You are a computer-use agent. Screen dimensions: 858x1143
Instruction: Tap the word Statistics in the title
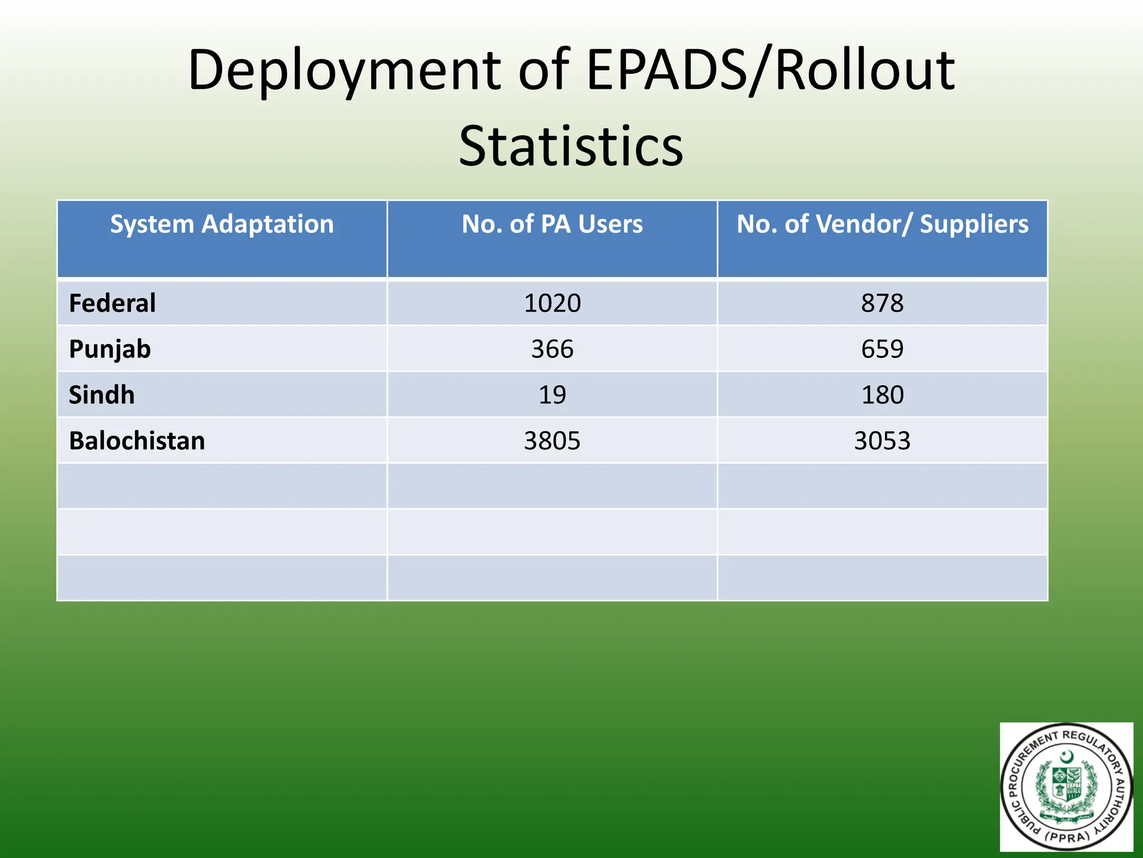click(x=571, y=146)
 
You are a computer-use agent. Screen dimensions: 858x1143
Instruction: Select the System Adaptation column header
click(x=222, y=225)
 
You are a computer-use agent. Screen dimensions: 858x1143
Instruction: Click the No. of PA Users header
click(x=552, y=225)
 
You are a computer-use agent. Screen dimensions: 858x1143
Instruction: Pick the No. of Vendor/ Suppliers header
click(x=882, y=225)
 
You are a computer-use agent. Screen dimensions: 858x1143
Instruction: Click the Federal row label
click(x=112, y=303)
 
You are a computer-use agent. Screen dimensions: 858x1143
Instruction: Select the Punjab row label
click(x=110, y=350)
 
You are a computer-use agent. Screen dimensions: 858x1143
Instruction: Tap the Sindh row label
click(x=102, y=395)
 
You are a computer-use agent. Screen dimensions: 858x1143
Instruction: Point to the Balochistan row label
click(x=137, y=441)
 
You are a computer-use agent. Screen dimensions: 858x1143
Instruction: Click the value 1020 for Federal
click(x=552, y=303)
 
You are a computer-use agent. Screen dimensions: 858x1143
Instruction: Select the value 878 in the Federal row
click(x=882, y=303)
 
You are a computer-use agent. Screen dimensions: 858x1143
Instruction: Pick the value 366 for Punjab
click(x=552, y=350)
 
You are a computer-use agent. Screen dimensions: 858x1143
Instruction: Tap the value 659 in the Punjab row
click(x=882, y=350)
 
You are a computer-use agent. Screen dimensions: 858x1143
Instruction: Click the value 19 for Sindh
click(x=552, y=395)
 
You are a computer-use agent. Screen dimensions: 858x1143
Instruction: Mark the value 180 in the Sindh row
click(x=882, y=395)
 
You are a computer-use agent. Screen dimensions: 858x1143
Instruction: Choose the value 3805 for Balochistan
click(x=552, y=441)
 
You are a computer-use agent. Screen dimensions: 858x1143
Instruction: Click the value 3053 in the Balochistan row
click(x=882, y=441)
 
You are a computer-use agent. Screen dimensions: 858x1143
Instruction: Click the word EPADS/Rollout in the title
click(x=771, y=71)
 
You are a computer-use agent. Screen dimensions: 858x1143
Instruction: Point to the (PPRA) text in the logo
click(x=1067, y=836)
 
